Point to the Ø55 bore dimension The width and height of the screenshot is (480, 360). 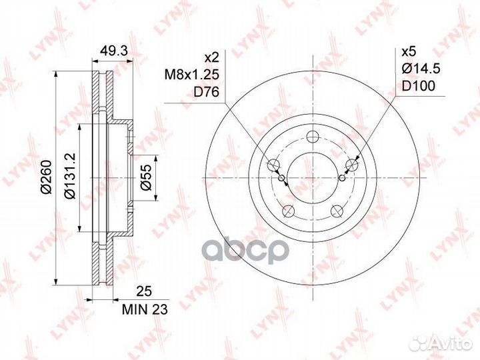pyautogui.click(x=146, y=177)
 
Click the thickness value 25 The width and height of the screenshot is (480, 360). pyautogui.click(x=144, y=292)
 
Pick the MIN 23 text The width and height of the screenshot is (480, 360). pyautogui.click(x=145, y=310)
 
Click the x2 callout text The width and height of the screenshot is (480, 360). pyautogui.click(x=212, y=57)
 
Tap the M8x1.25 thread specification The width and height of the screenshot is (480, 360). pyautogui.click(x=192, y=75)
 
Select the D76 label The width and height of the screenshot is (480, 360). pyautogui.click(x=206, y=91)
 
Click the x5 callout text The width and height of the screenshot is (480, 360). pyautogui.click(x=409, y=52)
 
